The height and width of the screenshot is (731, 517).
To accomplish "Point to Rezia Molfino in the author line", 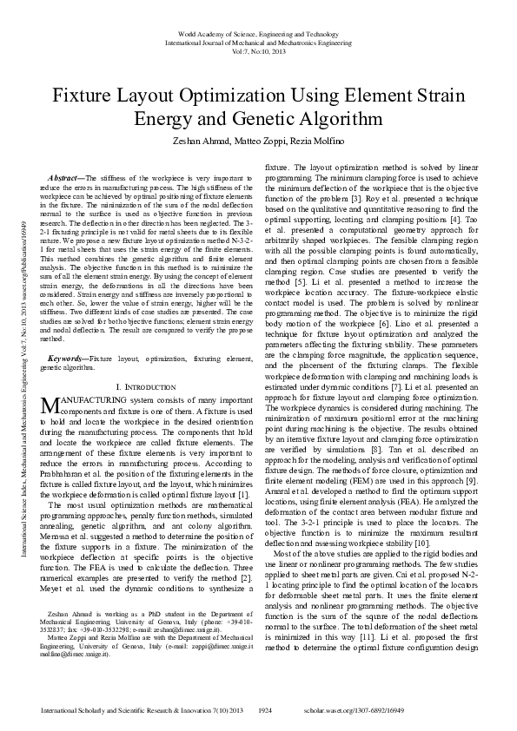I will tap(327, 142).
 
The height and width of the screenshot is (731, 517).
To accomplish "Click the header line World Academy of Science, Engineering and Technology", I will tap(258, 33).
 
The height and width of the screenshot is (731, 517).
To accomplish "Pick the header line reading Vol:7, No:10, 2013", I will tap(258, 51).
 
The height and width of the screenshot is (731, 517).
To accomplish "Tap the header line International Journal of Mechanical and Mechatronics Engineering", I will tap(258, 42).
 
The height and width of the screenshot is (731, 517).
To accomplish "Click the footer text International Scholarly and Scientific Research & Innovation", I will tap(143, 710).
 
